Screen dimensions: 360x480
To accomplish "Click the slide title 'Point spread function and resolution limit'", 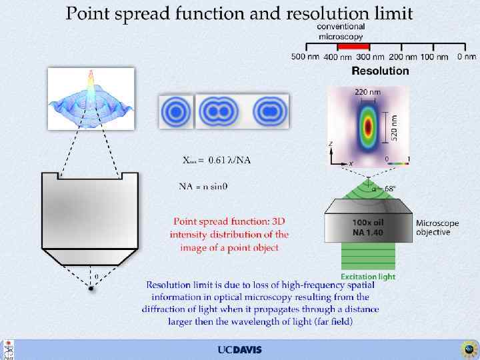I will (239, 13).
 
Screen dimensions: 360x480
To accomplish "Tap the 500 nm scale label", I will (305, 57).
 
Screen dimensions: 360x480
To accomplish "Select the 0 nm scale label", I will (466, 57).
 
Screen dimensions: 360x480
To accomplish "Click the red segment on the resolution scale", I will (353, 47).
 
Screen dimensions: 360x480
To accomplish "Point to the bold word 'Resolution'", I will (380, 71).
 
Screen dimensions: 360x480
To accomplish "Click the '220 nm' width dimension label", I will (363, 91).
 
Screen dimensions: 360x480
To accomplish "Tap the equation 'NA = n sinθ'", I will (203, 186).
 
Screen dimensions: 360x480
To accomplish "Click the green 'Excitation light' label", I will (368, 277).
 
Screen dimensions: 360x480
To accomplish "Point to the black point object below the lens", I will (91, 289).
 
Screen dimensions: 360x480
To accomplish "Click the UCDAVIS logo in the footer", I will (239, 350).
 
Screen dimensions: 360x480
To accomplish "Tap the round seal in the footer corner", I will (468, 349).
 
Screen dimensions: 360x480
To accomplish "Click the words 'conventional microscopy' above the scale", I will (340, 30).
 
